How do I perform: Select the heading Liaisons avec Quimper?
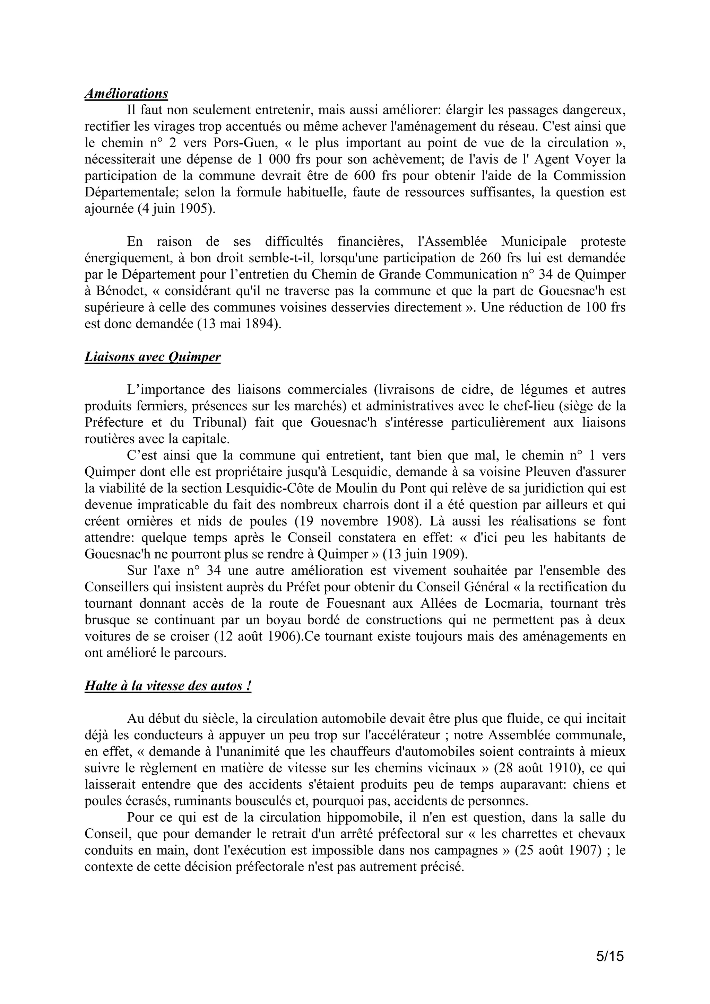[152, 357]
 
